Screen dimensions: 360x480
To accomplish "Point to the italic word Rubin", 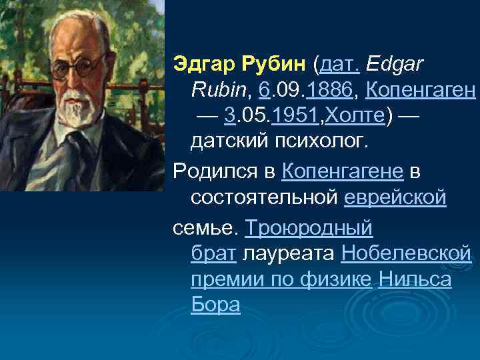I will click(212, 90).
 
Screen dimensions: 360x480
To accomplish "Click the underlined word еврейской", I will click(395, 198).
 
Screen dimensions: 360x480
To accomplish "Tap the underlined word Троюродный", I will click(308, 227).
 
